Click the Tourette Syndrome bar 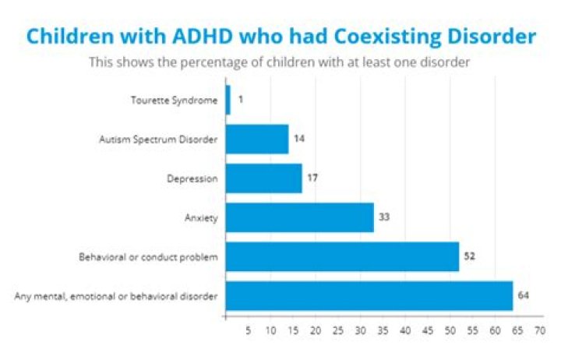228,101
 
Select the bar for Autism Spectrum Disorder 256,139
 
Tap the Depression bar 263,178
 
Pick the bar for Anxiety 299,217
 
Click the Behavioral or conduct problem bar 342,256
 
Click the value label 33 384,217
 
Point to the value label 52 469,256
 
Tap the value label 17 312,178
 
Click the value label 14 298,139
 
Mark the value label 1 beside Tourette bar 241,101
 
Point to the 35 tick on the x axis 383,331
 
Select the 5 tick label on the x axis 248,331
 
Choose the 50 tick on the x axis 450,331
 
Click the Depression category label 193,178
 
